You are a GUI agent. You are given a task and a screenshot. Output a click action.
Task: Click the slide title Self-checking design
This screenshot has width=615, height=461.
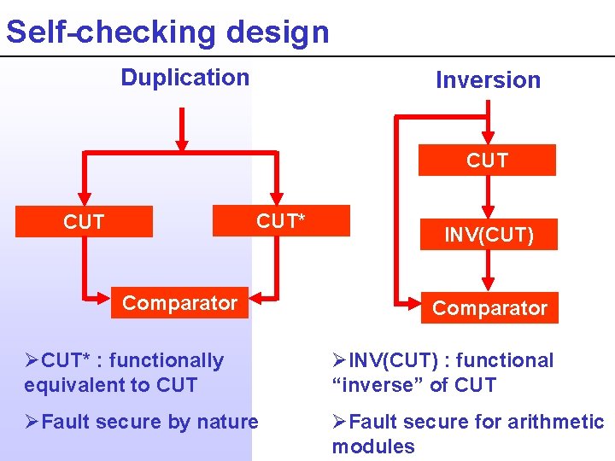tap(167, 32)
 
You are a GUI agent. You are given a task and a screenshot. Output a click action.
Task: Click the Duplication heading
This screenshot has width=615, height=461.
tap(184, 78)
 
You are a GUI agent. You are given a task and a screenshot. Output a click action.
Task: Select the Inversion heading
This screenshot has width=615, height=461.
tap(488, 80)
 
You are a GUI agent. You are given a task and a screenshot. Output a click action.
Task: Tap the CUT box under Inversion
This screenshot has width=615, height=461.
tap(487, 160)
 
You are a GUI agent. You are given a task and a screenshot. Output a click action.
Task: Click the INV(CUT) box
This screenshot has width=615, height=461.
tap(489, 235)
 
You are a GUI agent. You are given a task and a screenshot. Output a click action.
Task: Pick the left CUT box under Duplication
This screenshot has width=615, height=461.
tap(84, 223)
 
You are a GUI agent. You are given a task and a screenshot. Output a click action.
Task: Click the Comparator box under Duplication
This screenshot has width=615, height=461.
tap(179, 303)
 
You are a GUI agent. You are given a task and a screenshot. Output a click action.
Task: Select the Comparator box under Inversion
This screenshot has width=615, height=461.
tap(489, 308)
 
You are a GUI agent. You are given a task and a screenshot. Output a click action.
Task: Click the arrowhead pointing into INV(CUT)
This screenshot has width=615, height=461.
tap(487, 211)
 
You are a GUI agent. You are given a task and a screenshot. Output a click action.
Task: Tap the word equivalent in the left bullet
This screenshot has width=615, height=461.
tap(73, 385)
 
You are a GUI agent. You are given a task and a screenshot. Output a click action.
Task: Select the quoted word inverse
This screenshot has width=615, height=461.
tap(373, 385)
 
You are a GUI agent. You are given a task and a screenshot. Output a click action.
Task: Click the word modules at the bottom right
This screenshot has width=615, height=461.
tap(373, 446)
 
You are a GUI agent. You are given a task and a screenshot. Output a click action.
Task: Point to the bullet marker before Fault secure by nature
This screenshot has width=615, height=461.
tap(32, 422)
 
